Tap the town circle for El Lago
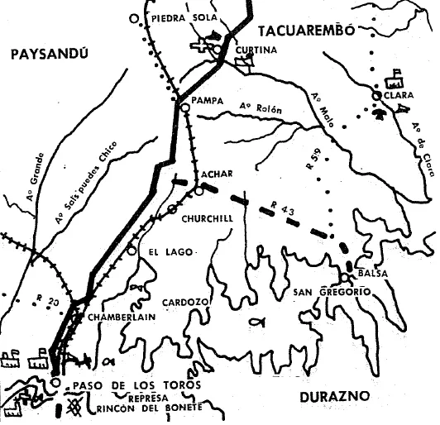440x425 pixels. coord(132,249)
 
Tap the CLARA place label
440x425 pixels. coord(399,95)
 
